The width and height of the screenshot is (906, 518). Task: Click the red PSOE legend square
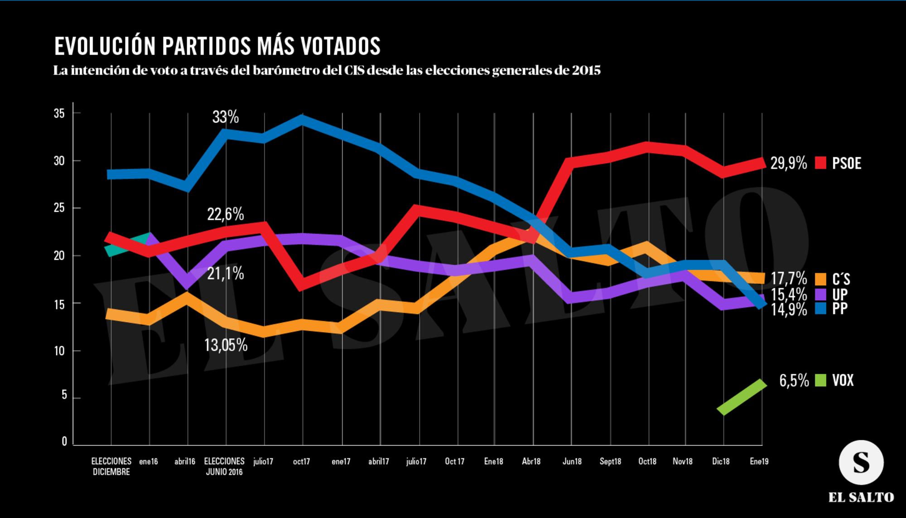point(821,163)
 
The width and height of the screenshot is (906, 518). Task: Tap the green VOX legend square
point(821,380)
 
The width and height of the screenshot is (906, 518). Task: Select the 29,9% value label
point(788,163)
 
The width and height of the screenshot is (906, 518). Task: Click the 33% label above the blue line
point(225,117)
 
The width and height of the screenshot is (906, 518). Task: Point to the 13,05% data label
point(226,345)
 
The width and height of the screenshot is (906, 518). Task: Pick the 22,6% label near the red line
point(226,214)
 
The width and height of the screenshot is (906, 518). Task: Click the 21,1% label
point(226,273)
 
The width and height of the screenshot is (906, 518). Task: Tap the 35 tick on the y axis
point(59,113)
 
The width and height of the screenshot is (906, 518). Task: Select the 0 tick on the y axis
point(64,441)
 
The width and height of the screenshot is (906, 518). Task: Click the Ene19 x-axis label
point(759,461)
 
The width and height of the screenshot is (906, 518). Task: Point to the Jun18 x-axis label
point(572,461)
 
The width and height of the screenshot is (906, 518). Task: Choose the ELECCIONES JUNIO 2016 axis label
point(224,466)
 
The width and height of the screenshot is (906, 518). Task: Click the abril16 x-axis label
point(185,461)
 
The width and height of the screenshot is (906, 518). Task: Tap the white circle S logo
point(861,462)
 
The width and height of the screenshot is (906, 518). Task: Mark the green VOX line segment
point(742,397)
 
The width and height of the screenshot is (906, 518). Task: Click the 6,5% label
point(794,381)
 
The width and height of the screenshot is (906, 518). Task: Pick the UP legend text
point(839,294)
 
